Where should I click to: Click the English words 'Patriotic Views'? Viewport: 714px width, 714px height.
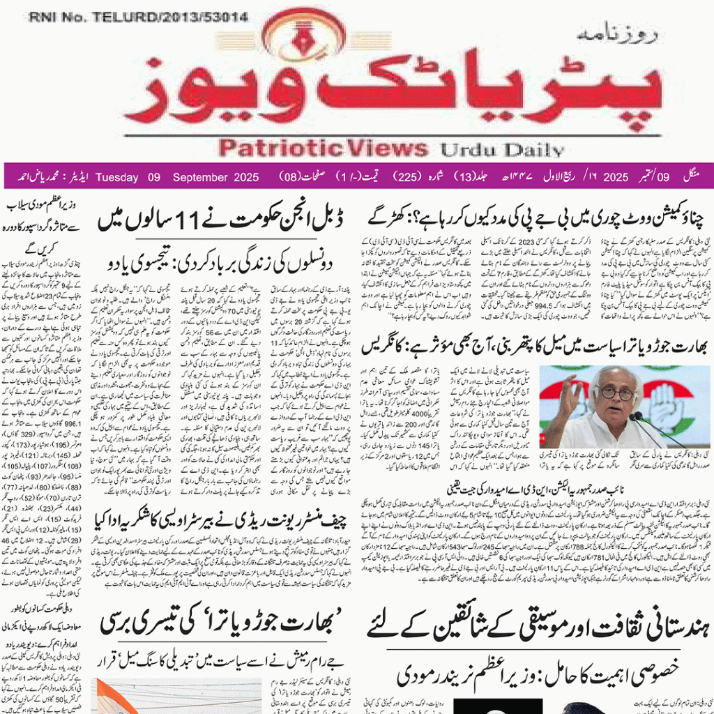point(323,148)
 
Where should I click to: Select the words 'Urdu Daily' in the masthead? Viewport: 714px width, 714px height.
point(500,149)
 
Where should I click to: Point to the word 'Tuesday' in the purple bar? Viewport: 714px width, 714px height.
point(116,177)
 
